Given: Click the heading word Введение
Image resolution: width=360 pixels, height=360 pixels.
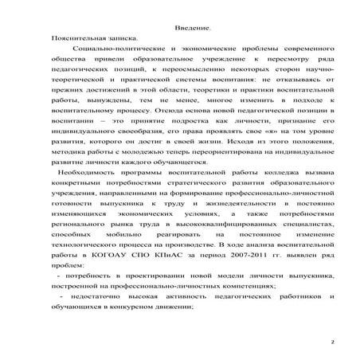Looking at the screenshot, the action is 192,28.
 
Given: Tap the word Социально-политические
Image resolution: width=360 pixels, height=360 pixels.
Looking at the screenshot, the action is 110,49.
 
